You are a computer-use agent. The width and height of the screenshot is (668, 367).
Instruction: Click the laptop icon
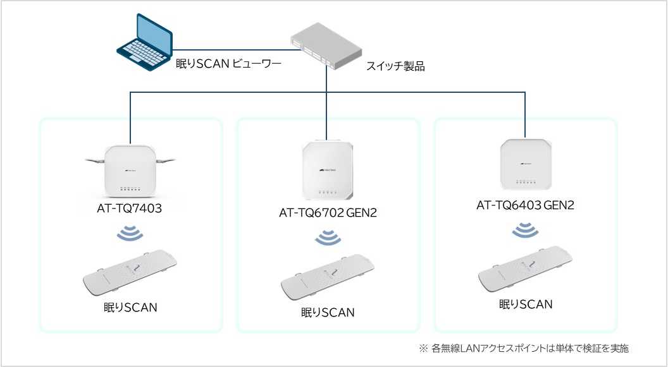click(x=145, y=44)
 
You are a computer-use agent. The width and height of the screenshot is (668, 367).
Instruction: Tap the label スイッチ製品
click(x=395, y=66)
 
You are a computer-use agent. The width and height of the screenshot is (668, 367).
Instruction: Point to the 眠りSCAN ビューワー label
click(x=228, y=63)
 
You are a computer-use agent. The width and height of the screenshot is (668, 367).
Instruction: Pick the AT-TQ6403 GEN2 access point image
click(x=526, y=164)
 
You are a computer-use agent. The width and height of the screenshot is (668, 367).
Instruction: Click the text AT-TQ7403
click(x=130, y=209)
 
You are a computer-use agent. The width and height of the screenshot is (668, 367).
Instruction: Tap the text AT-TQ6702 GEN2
click(x=328, y=213)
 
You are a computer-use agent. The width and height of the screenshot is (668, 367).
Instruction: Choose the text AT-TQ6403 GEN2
click(x=525, y=205)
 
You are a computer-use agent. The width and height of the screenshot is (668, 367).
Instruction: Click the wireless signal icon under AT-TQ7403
click(x=130, y=234)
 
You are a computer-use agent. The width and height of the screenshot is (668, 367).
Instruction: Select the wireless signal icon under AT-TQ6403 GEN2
click(x=525, y=230)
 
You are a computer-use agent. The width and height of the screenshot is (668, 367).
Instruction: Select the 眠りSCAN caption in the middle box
click(x=327, y=312)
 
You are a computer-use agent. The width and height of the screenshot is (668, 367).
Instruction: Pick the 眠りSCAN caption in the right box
click(x=526, y=304)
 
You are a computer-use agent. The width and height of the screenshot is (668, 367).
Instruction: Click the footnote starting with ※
click(x=524, y=348)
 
